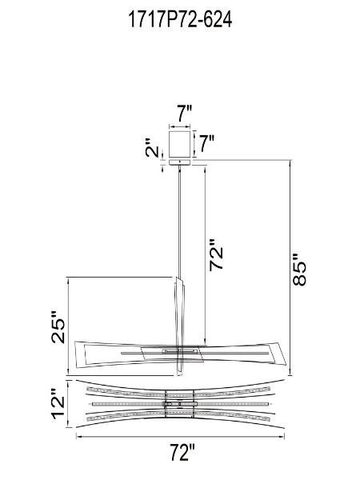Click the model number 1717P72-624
tap(180, 21)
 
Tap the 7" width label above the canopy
tap(184, 114)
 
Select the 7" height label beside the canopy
tap(206, 144)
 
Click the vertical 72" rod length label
tap(218, 255)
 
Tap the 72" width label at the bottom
tap(182, 454)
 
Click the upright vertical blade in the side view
tap(180, 308)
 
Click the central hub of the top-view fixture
tap(180, 404)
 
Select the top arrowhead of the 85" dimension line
tap(290, 163)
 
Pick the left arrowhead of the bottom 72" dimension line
tap(78, 438)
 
